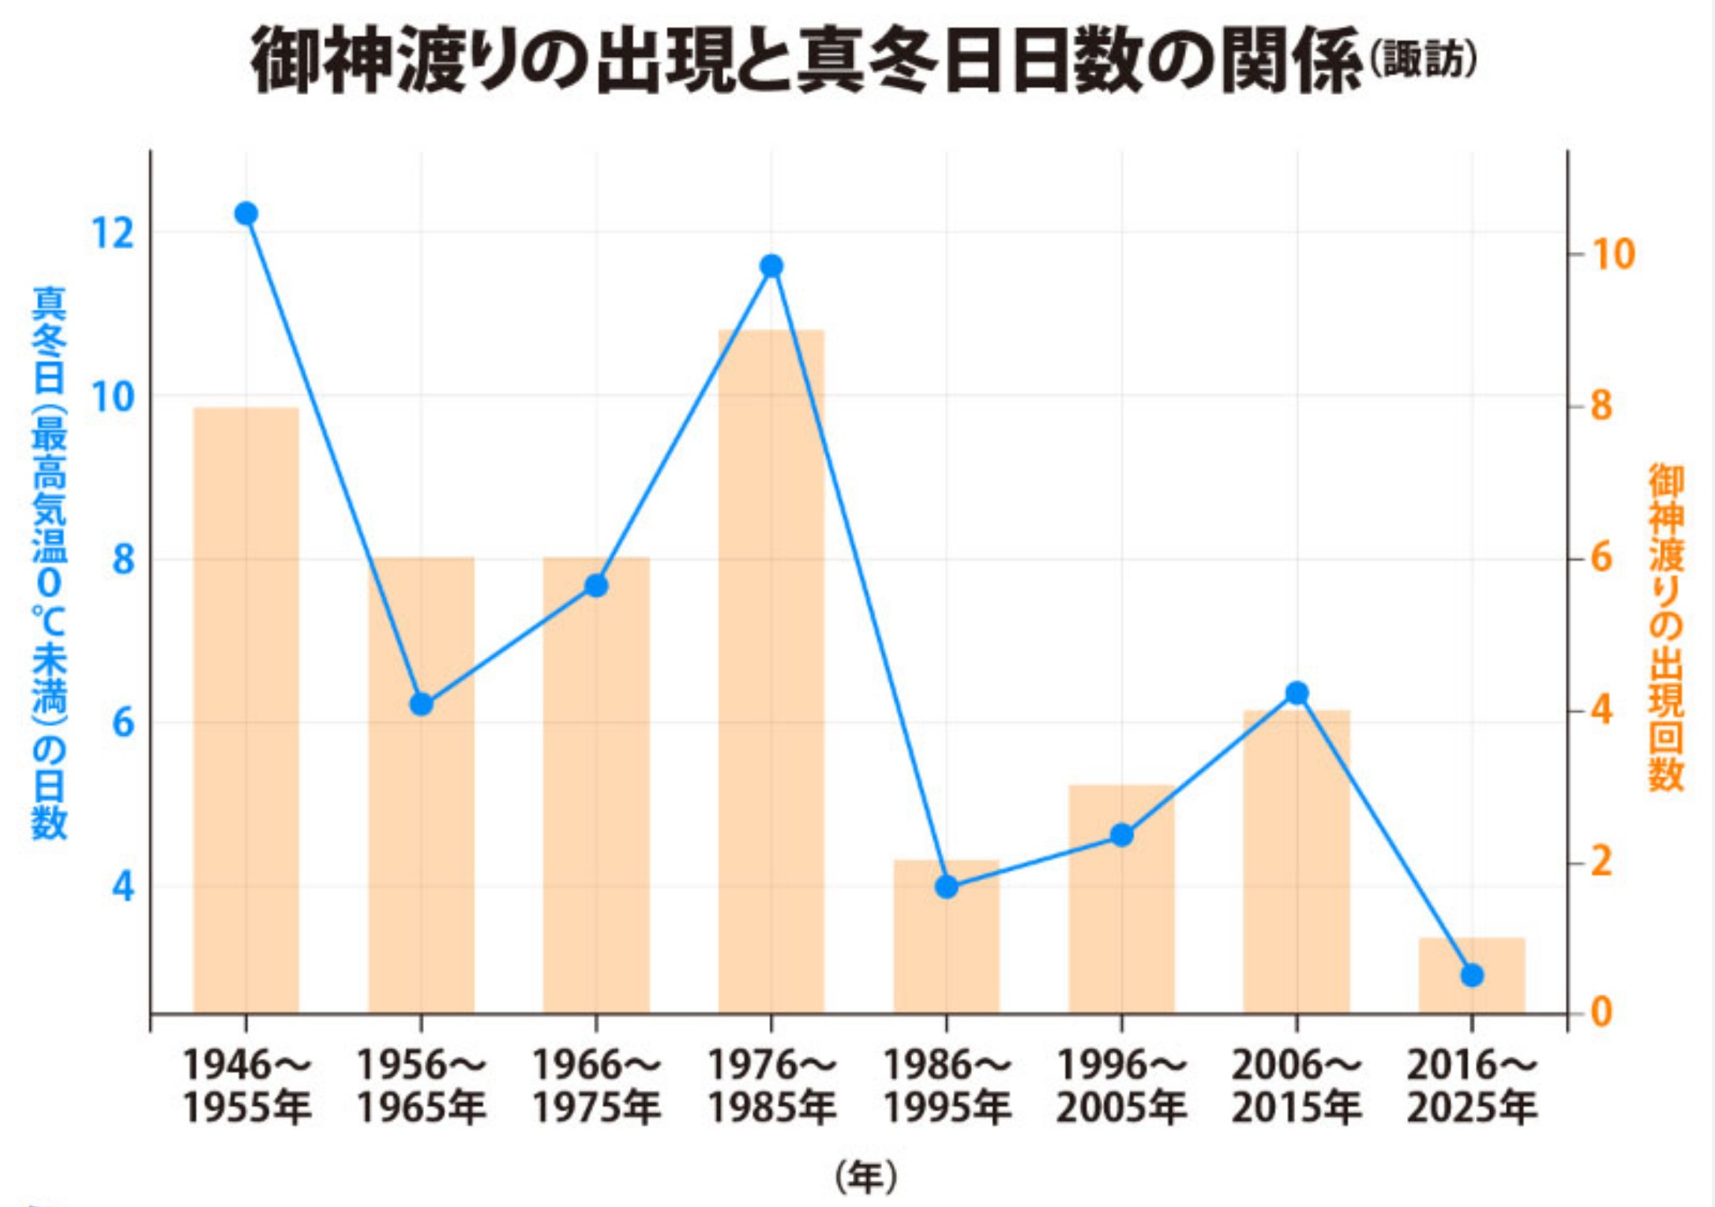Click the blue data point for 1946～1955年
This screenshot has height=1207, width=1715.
246,213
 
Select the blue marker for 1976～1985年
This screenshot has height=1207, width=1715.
771,266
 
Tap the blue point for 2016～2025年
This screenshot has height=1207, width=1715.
1472,975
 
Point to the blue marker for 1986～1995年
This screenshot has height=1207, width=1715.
947,887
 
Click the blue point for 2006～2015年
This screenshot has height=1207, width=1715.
1297,693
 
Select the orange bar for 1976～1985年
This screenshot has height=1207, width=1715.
771,671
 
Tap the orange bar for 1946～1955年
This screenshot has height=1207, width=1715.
246,710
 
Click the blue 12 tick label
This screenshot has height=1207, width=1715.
113,233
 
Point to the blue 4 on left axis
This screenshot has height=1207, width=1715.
123,886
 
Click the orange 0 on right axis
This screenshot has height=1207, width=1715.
1601,1012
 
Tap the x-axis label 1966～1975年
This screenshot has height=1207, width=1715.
596,1086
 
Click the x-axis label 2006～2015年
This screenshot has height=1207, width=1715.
1297,1086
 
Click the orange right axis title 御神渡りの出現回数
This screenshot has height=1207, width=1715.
1666,628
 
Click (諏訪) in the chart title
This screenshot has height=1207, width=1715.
1422,60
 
